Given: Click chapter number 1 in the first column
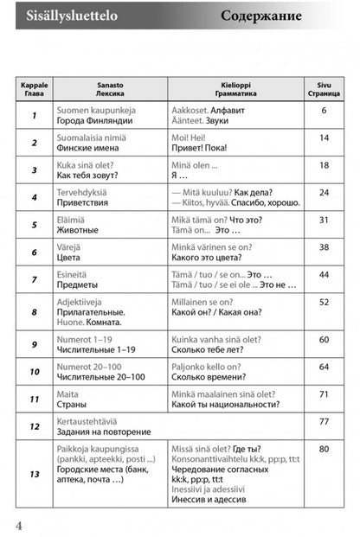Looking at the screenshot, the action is tap(34, 117).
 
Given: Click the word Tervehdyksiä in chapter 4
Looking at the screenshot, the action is tap(84, 191).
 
